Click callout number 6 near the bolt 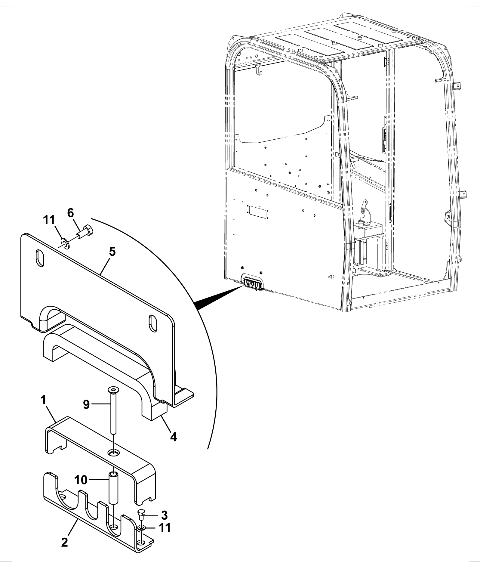tap(70, 213)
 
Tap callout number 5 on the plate tap(112, 252)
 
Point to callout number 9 tap(86, 405)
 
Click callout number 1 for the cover tap(43, 400)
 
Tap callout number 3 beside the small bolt tap(164, 515)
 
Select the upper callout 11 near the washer tap(49, 220)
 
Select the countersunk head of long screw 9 tap(112, 390)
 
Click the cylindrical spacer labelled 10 tap(113, 490)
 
